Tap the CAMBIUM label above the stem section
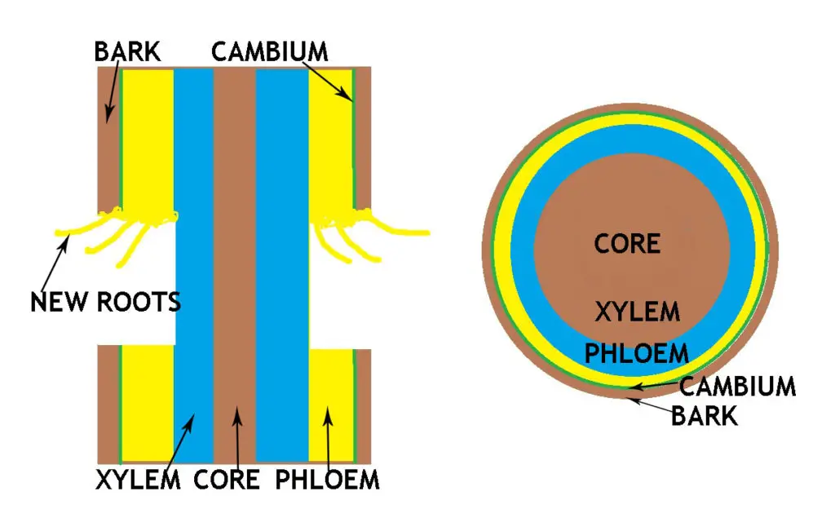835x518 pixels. pyautogui.click(x=269, y=52)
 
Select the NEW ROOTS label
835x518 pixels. pyautogui.click(x=105, y=302)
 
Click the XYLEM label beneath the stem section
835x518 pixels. pyautogui.click(x=138, y=480)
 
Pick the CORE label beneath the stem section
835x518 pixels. pyautogui.click(x=226, y=480)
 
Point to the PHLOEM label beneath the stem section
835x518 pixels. pyautogui.click(x=327, y=480)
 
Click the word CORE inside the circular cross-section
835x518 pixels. pyautogui.click(x=626, y=243)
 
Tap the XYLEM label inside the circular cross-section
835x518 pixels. pyautogui.click(x=636, y=311)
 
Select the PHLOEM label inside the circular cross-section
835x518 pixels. pyautogui.click(x=637, y=353)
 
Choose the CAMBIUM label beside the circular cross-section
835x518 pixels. pyautogui.click(x=737, y=386)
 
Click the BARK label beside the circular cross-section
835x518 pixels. pyautogui.click(x=705, y=415)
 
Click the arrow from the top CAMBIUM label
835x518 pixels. pyautogui.click(x=333, y=82)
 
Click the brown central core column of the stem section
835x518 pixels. pyautogui.click(x=234, y=245)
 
